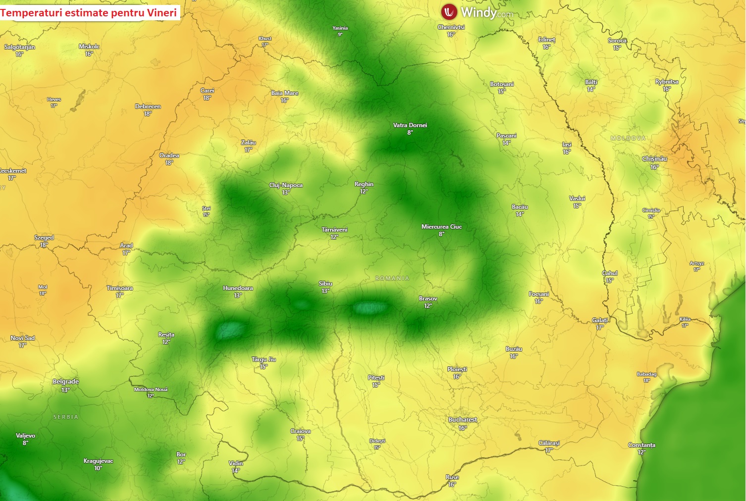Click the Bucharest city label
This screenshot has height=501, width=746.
click(463, 420)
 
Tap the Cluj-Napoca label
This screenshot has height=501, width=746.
click(286, 185)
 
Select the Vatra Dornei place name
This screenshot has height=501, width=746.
click(410, 125)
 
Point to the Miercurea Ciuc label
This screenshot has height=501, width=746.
click(441, 227)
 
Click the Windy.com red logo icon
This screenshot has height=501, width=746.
click(449, 11)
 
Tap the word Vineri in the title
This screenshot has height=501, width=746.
click(161, 12)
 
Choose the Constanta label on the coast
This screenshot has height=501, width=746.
click(641, 445)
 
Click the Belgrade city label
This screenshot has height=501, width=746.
click(65, 382)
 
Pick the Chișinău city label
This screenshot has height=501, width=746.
click(654, 159)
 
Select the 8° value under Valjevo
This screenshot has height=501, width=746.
click(25, 443)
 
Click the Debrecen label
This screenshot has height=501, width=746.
click(148, 106)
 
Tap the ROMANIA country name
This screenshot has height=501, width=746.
click(392, 278)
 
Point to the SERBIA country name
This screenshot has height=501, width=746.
click(66, 417)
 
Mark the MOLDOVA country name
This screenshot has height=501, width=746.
click(628, 138)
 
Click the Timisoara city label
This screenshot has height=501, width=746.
click(119, 288)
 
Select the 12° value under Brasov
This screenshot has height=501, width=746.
click(428, 306)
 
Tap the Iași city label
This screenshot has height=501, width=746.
click(567, 145)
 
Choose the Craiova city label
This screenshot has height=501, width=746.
click(300, 431)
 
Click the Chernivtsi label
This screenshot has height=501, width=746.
click(451, 27)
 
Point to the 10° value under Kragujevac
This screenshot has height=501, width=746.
click(98, 468)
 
